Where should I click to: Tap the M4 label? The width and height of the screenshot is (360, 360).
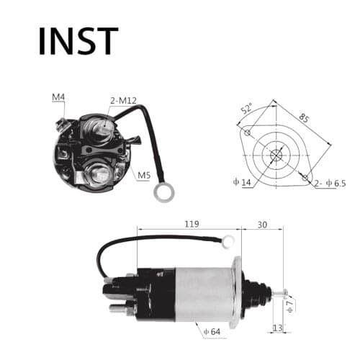click(x=59, y=96)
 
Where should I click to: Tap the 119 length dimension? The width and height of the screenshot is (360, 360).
click(x=189, y=223)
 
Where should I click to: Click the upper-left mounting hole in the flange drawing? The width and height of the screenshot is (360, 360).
click(x=248, y=132)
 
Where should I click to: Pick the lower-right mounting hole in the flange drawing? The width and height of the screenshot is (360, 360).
click(x=307, y=176)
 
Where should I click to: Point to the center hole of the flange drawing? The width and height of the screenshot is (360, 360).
click(x=277, y=154)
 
